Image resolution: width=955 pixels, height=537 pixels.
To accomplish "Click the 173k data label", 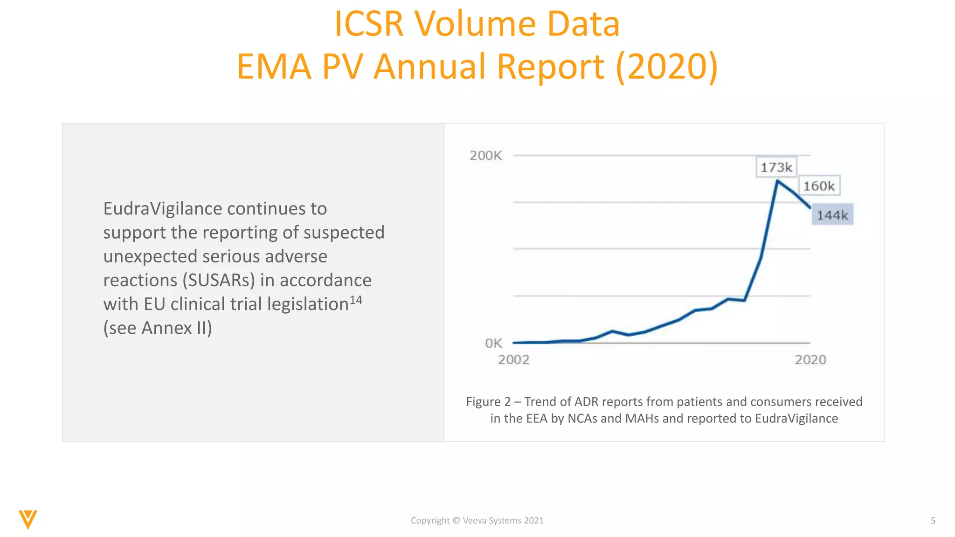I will pyautogui.click(x=776, y=167).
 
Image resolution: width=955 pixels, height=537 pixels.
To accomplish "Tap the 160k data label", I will pyautogui.click(x=819, y=186).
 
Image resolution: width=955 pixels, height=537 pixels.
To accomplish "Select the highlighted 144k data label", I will pyautogui.click(x=832, y=215).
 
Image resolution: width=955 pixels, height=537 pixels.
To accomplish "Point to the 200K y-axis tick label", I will pyautogui.click(x=485, y=156).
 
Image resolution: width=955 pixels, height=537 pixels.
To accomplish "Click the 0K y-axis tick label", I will pyautogui.click(x=493, y=344).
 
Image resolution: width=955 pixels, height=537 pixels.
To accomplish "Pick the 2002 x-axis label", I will pyautogui.click(x=513, y=360).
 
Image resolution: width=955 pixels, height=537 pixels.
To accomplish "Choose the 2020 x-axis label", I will pyautogui.click(x=810, y=360).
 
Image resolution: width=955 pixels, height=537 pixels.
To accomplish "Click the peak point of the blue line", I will pyautogui.click(x=777, y=180).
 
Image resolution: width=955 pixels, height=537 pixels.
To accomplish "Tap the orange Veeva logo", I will pyautogui.click(x=28, y=519).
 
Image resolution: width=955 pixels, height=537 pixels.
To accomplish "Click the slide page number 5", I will pyautogui.click(x=933, y=521).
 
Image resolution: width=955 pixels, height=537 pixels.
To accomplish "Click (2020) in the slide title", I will pyautogui.click(x=667, y=66).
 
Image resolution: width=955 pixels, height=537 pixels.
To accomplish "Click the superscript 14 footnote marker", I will pyautogui.click(x=356, y=300).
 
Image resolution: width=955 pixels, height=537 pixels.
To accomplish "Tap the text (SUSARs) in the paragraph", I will pyautogui.click(x=219, y=280).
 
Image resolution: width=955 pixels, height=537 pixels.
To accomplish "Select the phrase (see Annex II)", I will pyautogui.click(x=158, y=328).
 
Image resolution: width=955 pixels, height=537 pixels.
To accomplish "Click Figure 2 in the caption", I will pyautogui.click(x=488, y=402).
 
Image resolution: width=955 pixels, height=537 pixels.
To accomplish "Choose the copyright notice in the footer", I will pyautogui.click(x=477, y=521).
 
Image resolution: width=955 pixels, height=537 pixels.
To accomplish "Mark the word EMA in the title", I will pyautogui.click(x=274, y=66).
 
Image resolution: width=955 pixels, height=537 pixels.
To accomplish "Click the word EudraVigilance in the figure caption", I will pyautogui.click(x=796, y=419).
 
